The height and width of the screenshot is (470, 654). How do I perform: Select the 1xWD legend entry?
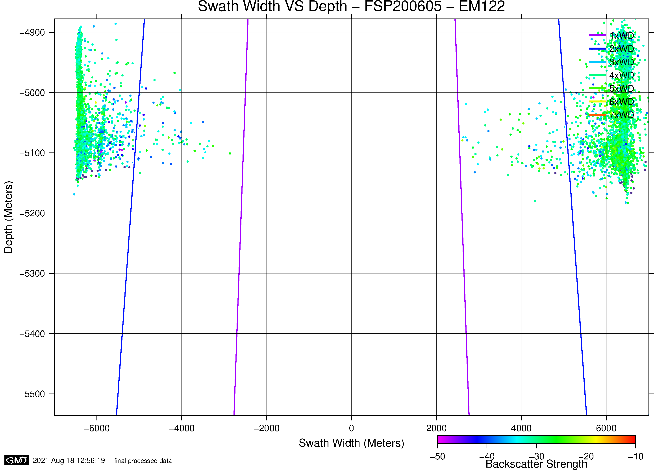pos(621,36)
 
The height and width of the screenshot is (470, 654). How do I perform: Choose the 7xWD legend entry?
pos(621,115)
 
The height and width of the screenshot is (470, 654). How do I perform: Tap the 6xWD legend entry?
pos(621,102)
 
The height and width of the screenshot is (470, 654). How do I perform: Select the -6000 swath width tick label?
pos(97,428)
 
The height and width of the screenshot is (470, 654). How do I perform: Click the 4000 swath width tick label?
pos(521,428)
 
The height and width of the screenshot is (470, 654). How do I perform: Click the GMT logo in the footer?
pos(17,460)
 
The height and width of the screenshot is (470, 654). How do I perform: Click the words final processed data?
pos(143,461)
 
